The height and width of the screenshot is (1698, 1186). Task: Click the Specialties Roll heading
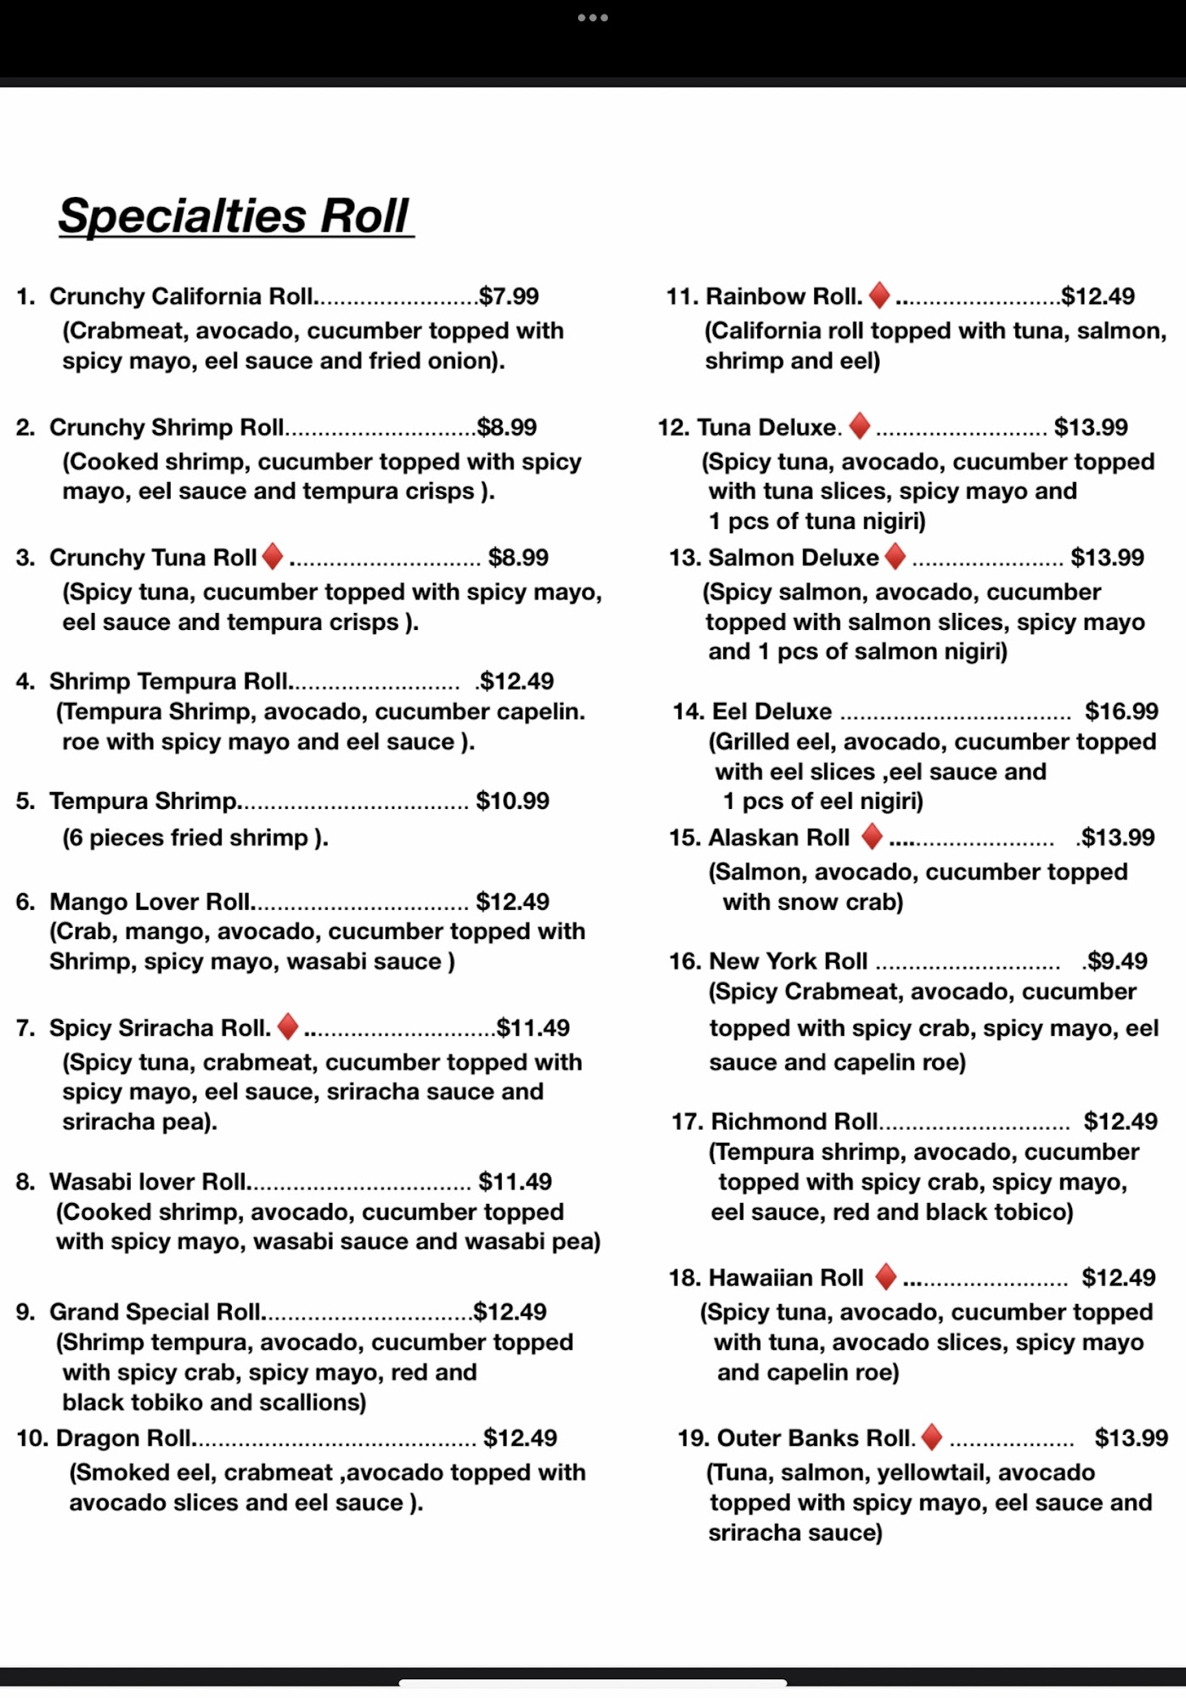coord(234,216)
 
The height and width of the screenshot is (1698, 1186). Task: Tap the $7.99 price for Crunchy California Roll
coord(509,296)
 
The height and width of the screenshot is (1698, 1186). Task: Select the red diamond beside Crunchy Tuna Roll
coord(273,557)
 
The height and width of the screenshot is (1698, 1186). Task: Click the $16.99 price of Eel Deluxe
coord(1121,711)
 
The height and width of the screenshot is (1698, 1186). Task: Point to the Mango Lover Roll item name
coord(149,902)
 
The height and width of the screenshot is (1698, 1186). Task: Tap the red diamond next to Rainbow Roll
coord(880,295)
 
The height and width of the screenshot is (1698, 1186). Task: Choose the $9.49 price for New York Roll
coord(1116,961)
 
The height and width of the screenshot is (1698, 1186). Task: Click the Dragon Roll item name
coord(123,1438)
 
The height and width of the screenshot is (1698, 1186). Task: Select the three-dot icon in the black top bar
coord(593,18)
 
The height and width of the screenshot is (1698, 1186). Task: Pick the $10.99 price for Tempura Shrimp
coord(512,801)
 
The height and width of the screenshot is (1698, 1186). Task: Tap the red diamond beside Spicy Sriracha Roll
coord(288,1026)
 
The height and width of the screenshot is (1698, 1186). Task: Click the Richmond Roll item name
coord(794,1122)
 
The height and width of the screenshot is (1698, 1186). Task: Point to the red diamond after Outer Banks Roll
coord(931,1437)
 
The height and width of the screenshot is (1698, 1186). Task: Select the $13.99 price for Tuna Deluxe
coord(1090,427)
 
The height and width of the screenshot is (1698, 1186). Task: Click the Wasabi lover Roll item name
coord(147,1182)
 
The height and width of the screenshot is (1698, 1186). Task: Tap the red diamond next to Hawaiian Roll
coord(885,1276)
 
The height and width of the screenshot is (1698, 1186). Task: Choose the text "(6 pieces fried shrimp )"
coord(194,838)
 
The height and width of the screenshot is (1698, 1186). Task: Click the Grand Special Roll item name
coord(155,1312)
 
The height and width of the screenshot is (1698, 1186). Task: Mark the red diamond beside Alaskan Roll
coord(871,836)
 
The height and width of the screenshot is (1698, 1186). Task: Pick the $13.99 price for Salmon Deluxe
coord(1107,558)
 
